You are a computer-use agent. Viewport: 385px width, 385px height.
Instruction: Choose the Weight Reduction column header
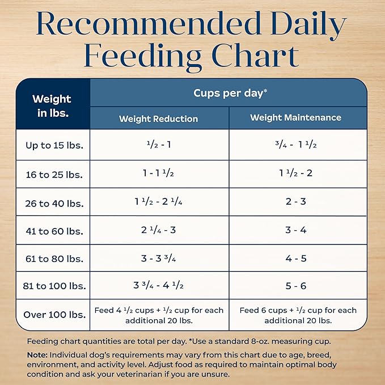point(158,119)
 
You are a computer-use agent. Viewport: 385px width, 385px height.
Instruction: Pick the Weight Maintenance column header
point(296,118)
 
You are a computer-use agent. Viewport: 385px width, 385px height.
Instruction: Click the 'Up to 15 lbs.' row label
point(54,145)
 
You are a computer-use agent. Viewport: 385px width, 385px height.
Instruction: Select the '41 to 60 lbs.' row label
point(54,231)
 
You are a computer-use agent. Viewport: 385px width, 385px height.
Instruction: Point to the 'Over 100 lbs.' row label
point(54,315)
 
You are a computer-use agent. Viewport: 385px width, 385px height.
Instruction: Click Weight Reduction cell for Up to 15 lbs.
point(158,145)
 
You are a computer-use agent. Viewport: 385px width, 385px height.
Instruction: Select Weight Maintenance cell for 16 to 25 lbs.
point(296,173)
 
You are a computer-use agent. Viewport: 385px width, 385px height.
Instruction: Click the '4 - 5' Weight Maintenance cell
point(296,259)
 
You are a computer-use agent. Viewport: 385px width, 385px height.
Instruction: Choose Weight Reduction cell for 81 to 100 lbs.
point(158,286)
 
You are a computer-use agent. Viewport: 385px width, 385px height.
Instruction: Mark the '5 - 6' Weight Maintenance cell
point(296,286)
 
